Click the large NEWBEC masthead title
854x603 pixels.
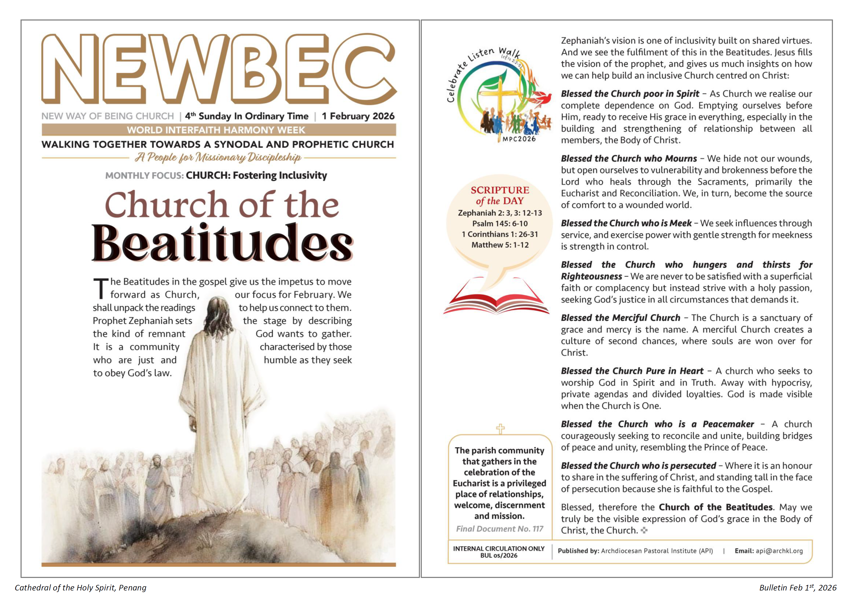[x=219, y=69]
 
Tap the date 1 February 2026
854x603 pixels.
[x=358, y=116]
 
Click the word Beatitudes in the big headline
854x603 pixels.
[x=222, y=244]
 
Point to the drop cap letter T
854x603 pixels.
[x=101, y=289]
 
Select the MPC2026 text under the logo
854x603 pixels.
[x=519, y=139]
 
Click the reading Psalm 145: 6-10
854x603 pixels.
[x=500, y=224]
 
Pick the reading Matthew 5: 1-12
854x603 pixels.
[x=500, y=245]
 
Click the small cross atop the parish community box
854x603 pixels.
[x=500, y=429]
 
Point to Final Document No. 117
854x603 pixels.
[x=500, y=529]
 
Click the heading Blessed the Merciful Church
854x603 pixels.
[x=620, y=318]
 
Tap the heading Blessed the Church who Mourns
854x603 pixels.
[x=629, y=159]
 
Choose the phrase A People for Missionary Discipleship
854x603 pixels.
[x=218, y=158]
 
